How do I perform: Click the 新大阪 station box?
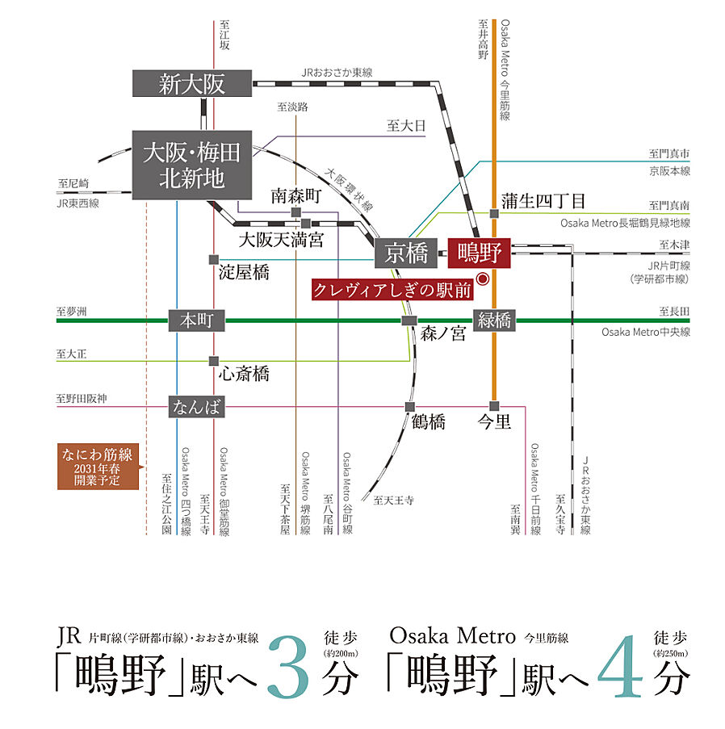[x=192, y=84]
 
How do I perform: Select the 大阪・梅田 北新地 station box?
[x=191, y=164]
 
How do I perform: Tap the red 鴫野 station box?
[x=480, y=253]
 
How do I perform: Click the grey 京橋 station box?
[x=406, y=253]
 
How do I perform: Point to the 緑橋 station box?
[x=495, y=321]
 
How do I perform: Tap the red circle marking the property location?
[x=483, y=279]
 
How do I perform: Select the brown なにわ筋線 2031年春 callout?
[x=97, y=467]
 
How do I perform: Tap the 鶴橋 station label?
[x=429, y=421]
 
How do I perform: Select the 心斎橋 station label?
[x=244, y=374]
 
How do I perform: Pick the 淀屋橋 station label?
[x=244, y=272]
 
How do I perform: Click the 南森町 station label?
[x=295, y=196]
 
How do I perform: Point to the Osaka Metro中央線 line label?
[x=645, y=332]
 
